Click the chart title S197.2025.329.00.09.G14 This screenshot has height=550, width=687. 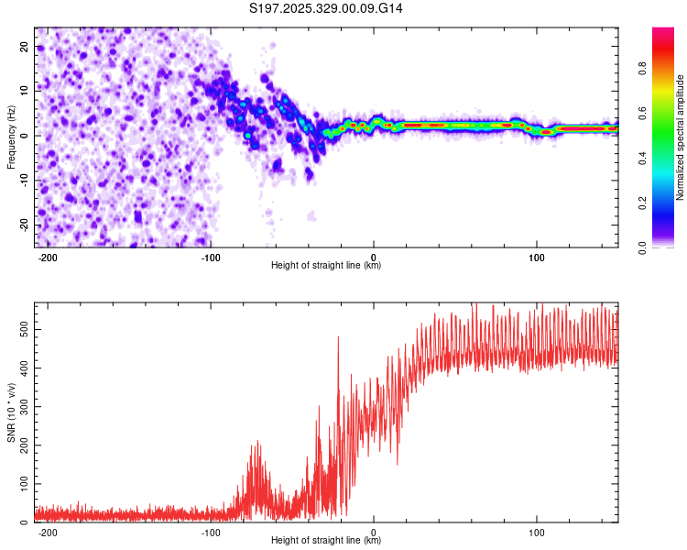tap(327, 8)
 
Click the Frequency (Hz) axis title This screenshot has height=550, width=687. tap(11, 137)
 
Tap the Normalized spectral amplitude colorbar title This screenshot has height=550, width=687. tap(681, 137)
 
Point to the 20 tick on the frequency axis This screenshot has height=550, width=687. tap(25, 46)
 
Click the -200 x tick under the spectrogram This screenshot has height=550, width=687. tap(48, 256)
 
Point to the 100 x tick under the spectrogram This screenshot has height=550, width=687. tap(536, 256)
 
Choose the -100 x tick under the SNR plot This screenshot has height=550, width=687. tap(211, 531)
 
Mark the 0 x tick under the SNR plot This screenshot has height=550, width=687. tap(374, 531)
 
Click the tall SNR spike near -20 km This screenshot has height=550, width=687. tap(338, 337)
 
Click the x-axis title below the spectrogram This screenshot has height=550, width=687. tap(326, 266)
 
